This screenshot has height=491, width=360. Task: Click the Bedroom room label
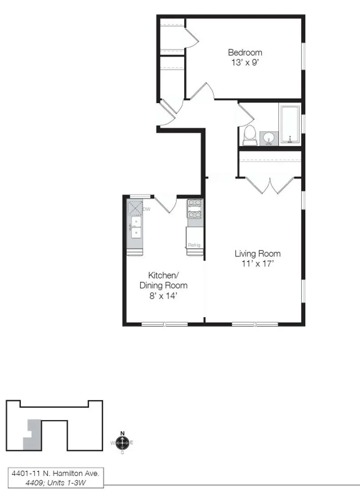pos(245,52)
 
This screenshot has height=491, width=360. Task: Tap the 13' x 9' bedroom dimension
pos(245,62)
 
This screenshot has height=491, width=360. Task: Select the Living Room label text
pos(257,254)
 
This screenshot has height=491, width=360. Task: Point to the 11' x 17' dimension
pos(257,264)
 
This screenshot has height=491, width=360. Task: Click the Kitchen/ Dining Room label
pos(163,281)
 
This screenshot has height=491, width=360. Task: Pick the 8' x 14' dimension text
pos(163,296)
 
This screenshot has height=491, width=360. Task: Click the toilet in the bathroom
pos(249,135)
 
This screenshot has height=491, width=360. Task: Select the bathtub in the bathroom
pos(290,125)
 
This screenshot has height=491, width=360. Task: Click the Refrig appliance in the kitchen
pos(194,238)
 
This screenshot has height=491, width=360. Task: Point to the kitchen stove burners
pos(195,208)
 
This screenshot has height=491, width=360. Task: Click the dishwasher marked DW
pos(135,208)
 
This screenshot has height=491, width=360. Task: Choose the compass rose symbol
pos(122,442)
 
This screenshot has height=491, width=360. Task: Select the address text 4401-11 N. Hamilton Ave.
pos(55,474)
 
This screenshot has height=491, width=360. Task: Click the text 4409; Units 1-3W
pos(55,482)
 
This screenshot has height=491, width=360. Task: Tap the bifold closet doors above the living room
pos(271,186)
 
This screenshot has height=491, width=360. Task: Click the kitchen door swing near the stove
pos(166,204)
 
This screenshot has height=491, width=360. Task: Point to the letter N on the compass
pos(122,433)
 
